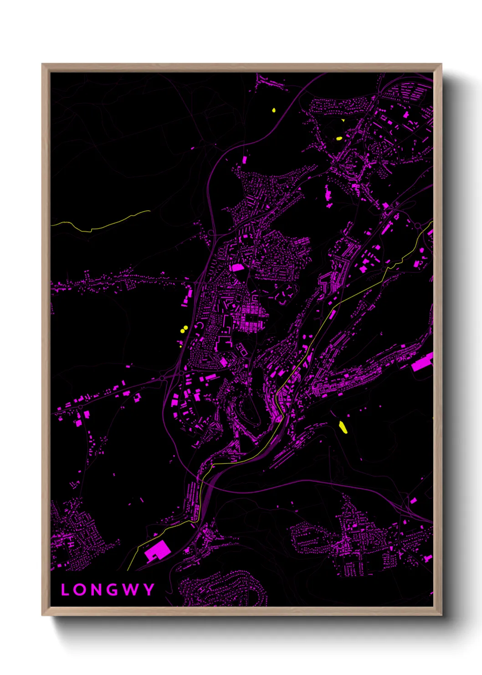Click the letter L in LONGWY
click(65, 590)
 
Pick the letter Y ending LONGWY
click(149, 590)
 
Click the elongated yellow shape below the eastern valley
click(343, 427)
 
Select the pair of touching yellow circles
click(185, 328)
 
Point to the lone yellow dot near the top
click(274, 110)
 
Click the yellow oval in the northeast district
click(339, 138)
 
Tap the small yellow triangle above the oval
click(343, 120)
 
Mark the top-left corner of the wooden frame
click(42, 64)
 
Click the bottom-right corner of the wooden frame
click(441, 615)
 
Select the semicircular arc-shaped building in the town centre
click(199, 326)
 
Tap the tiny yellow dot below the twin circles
click(181, 347)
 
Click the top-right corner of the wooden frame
click(441, 64)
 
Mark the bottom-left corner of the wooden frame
click(42, 615)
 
